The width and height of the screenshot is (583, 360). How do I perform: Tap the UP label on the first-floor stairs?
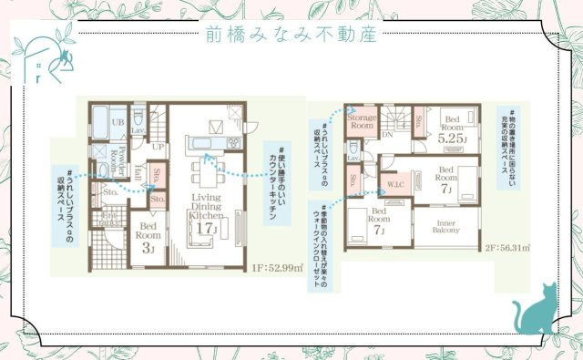pyautogui.click(x=158, y=146)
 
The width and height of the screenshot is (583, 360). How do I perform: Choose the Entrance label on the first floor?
pyautogui.click(x=109, y=219)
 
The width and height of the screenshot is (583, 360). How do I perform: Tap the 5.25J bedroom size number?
pyautogui.click(x=452, y=141)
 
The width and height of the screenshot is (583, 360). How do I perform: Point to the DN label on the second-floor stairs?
pyautogui.click(x=386, y=134)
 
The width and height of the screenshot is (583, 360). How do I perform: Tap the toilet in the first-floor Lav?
pyautogui.click(x=138, y=118)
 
